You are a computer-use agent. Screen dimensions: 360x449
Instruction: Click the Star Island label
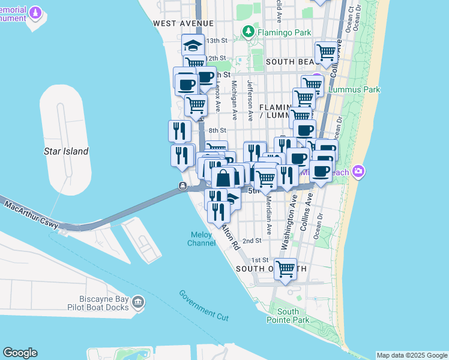(66, 151)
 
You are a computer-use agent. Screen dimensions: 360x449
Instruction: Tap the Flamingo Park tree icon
(247, 31)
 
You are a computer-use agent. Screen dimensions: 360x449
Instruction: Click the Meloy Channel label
(202, 239)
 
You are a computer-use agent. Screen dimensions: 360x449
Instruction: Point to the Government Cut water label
(203, 304)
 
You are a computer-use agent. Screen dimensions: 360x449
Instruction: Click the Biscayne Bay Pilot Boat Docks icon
(139, 302)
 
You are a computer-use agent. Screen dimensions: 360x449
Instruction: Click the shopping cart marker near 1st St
(285, 268)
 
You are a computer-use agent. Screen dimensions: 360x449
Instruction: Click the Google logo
(20, 353)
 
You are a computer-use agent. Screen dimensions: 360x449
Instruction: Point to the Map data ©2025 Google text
(412, 355)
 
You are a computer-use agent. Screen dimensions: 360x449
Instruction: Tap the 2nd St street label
(252, 241)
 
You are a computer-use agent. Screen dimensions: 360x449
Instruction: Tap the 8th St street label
(217, 130)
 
